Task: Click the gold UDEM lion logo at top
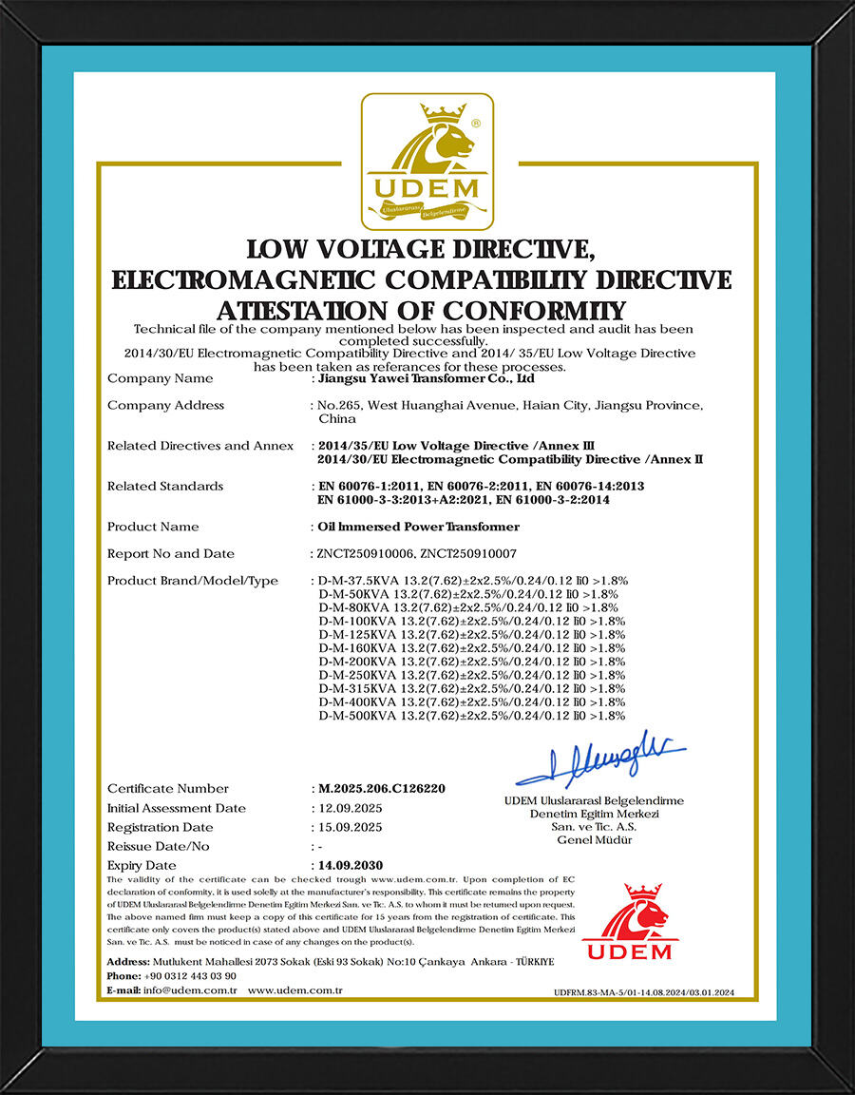(x=427, y=162)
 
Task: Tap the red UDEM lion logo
(x=628, y=922)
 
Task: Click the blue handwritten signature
(x=599, y=756)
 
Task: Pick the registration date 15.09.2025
(x=349, y=827)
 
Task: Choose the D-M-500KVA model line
(x=472, y=715)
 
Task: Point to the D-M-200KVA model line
(x=472, y=661)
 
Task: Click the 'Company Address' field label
(x=165, y=405)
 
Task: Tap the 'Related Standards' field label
(x=165, y=486)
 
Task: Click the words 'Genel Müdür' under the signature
(x=594, y=839)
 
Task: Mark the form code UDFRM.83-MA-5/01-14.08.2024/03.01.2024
(x=643, y=993)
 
